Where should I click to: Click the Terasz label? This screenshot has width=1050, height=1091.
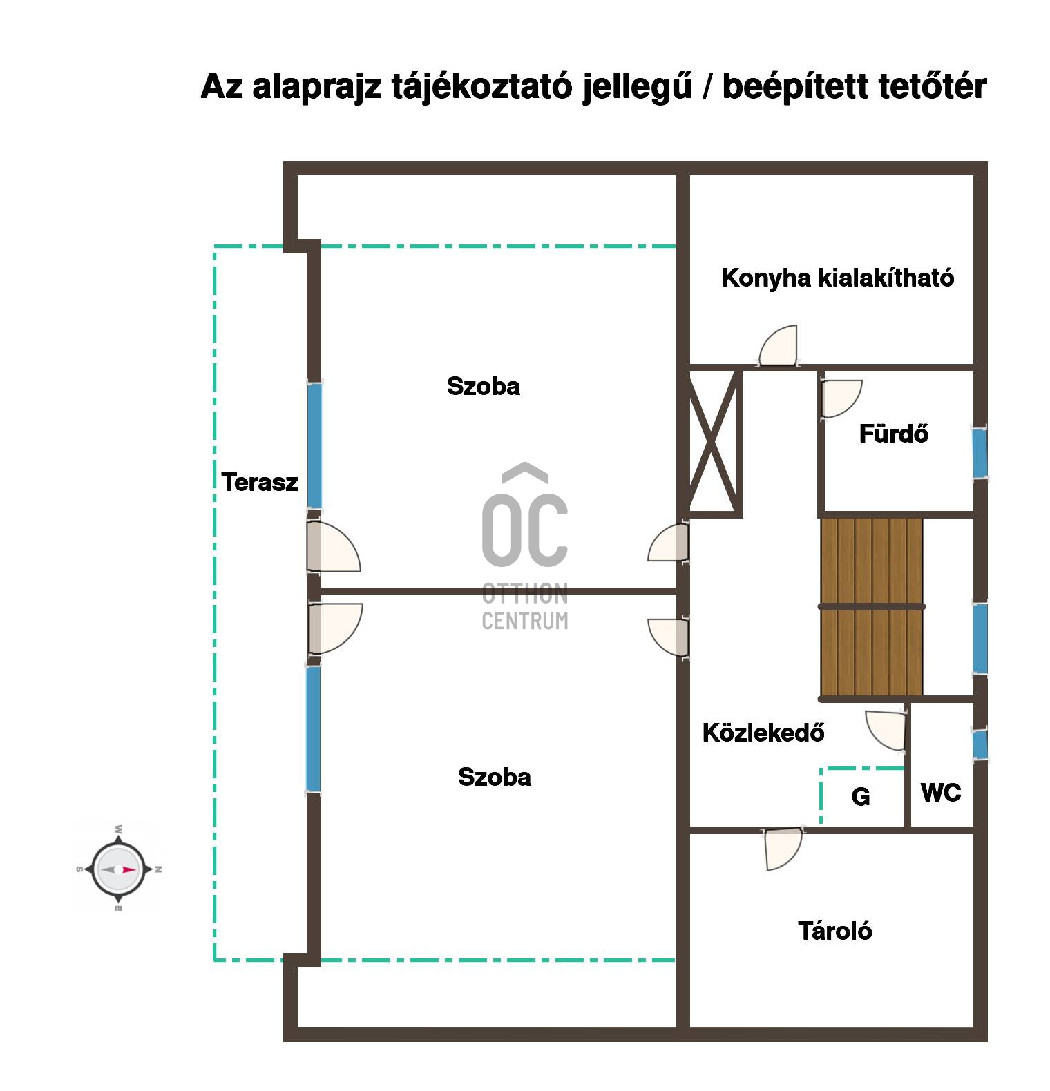[x=260, y=482]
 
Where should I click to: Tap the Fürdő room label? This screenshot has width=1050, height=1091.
[x=893, y=434]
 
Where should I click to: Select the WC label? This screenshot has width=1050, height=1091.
[x=941, y=793]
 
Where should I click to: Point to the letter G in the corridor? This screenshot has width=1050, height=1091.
[x=861, y=797]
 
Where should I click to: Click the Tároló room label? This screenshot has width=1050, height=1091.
[x=835, y=931]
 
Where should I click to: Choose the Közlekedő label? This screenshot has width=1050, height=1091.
[x=763, y=733]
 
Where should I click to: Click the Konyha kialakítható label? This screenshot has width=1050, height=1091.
[x=837, y=278]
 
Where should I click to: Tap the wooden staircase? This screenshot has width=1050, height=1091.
[x=872, y=607]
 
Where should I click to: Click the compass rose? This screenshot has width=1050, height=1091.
[x=118, y=869]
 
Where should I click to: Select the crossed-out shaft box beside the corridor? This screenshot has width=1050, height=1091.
[x=716, y=443]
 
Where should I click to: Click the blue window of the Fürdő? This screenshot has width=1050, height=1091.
[x=980, y=453]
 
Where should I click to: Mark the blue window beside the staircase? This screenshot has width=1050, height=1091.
[x=980, y=637]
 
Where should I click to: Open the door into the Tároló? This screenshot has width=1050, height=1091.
[x=784, y=849]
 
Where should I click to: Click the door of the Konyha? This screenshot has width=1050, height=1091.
[x=779, y=346]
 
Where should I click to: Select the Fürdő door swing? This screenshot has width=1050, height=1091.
[x=841, y=399]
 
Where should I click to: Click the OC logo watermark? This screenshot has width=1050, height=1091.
[x=525, y=546]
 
